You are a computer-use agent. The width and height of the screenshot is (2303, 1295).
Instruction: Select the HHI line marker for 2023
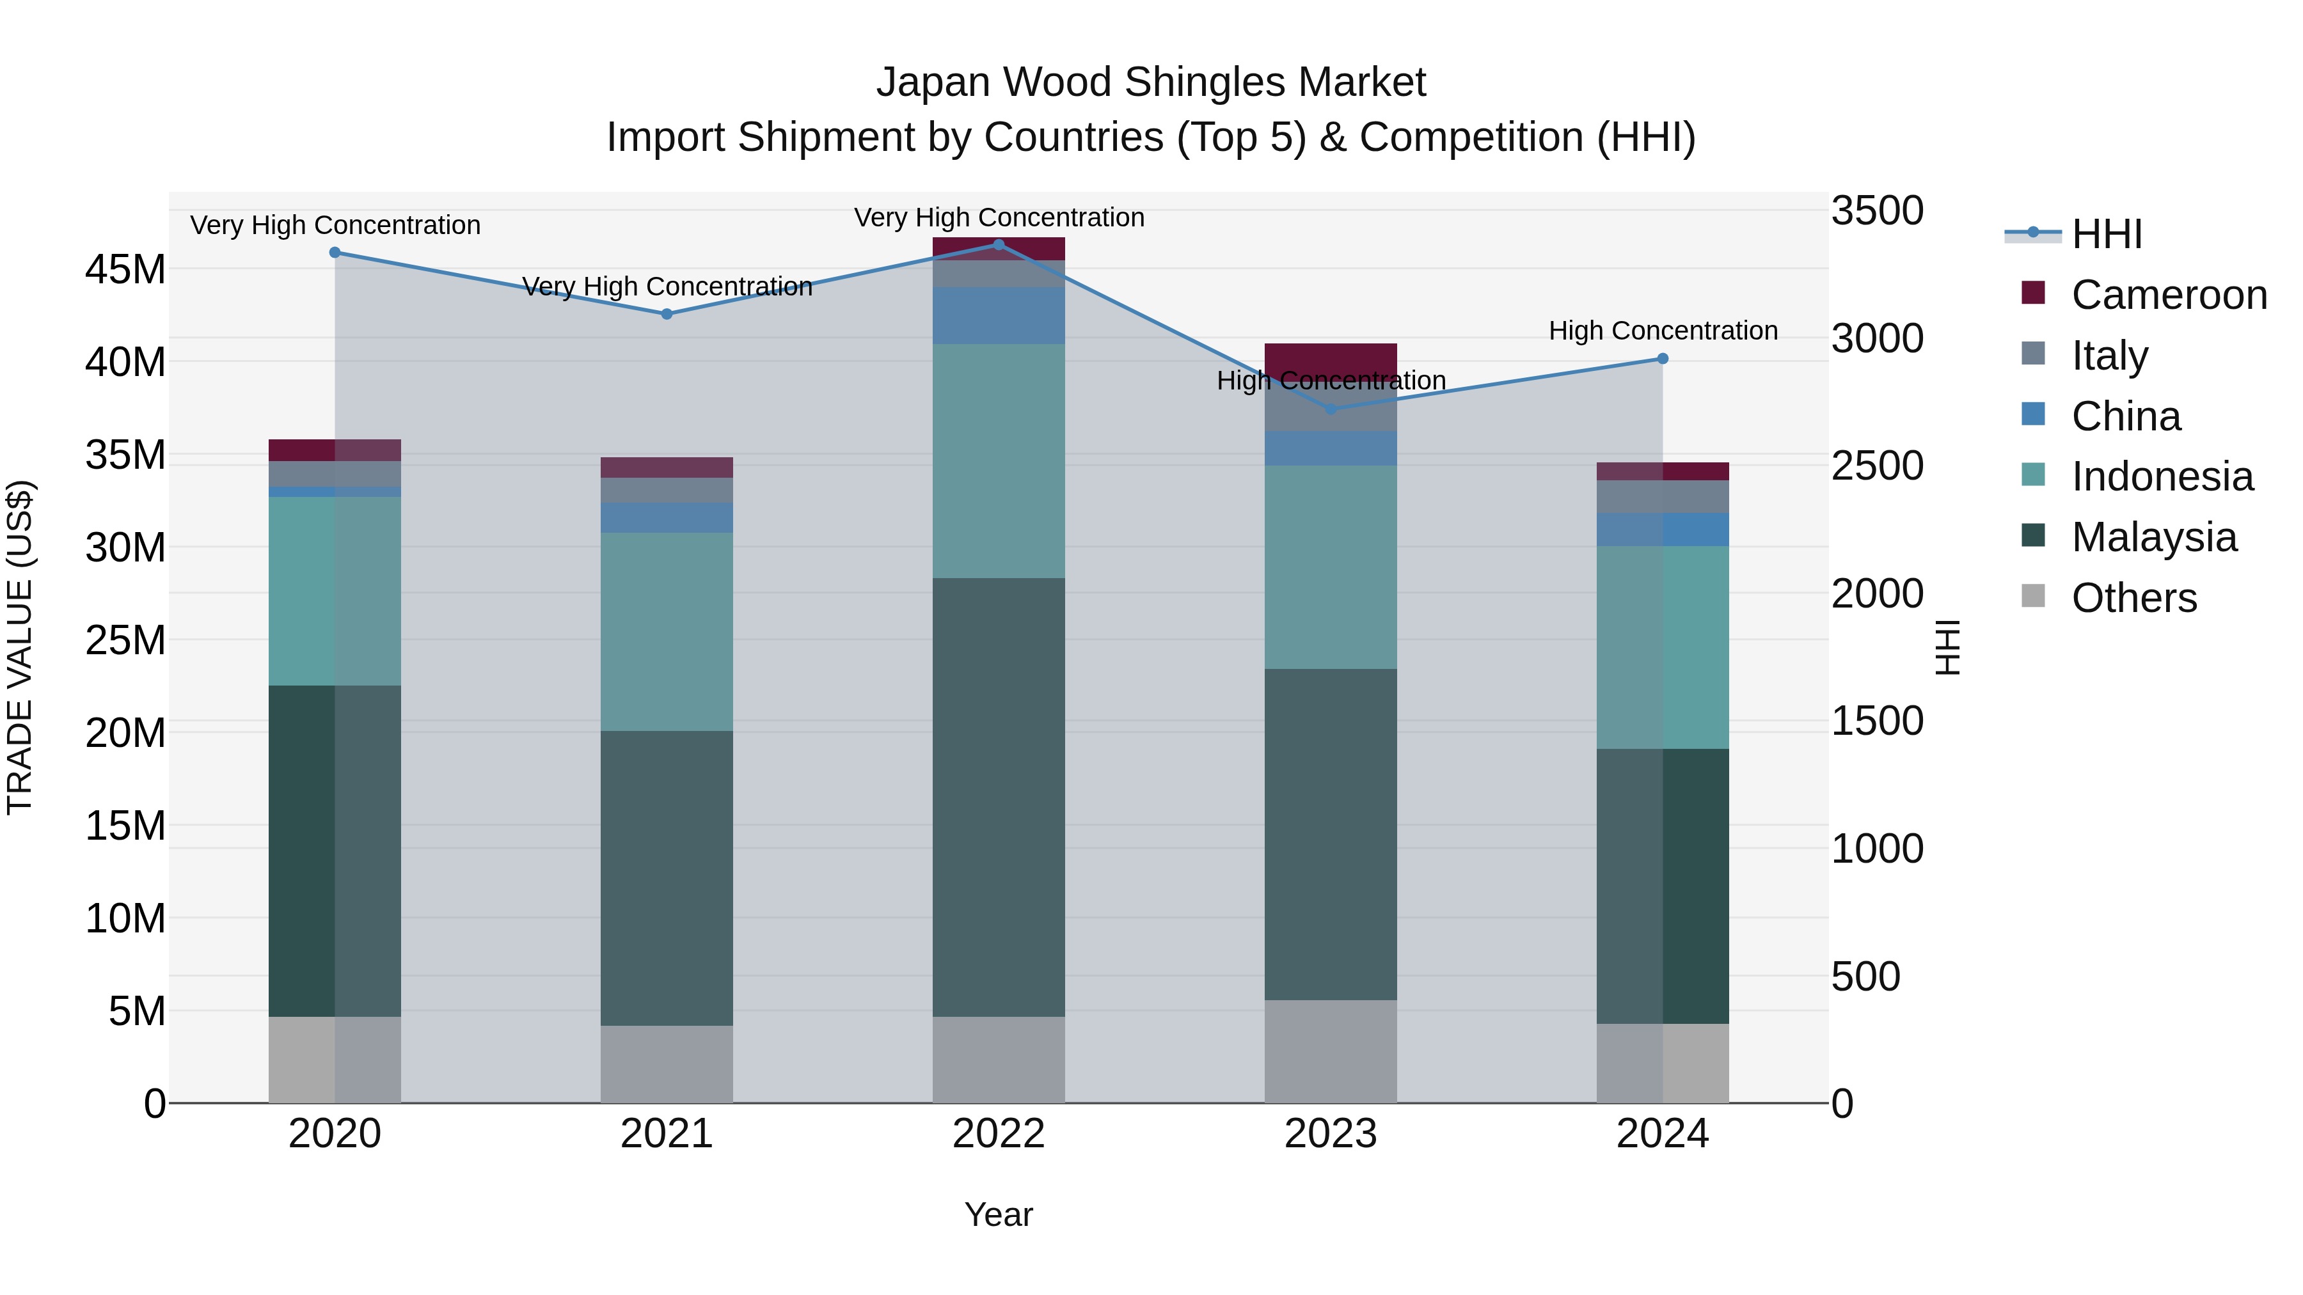pyautogui.click(x=1331, y=409)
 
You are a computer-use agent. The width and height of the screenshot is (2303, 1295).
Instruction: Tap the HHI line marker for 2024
pyautogui.click(x=1662, y=358)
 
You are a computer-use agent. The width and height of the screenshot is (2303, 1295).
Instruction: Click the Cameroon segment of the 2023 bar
pyautogui.click(x=1331, y=355)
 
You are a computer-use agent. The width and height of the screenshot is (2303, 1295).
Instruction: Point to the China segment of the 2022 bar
pyautogui.click(x=999, y=315)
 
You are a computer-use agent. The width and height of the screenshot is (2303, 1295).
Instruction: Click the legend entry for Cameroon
pyautogui.click(x=2168, y=295)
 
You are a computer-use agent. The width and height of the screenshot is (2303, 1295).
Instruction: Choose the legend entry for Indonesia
pyautogui.click(x=2162, y=476)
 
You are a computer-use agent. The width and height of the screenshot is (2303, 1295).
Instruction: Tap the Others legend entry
pyautogui.click(x=2133, y=598)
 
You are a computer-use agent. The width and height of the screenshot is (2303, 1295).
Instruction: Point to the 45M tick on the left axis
pyautogui.click(x=125, y=269)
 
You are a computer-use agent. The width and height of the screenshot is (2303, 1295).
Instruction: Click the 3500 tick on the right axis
pyautogui.click(x=1876, y=211)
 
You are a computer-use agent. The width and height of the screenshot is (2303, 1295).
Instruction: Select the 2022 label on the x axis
pyautogui.click(x=999, y=1134)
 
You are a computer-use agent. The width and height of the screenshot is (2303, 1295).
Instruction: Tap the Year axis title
pyautogui.click(x=999, y=1214)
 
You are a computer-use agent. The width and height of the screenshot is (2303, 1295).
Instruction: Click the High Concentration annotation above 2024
pyautogui.click(x=1662, y=331)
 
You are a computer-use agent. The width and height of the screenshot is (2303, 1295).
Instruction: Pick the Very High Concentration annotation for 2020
pyautogui.click(x=335, y=225)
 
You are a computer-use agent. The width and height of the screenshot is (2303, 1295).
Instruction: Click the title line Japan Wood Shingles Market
pyautogui.click(x=1151, y=82)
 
